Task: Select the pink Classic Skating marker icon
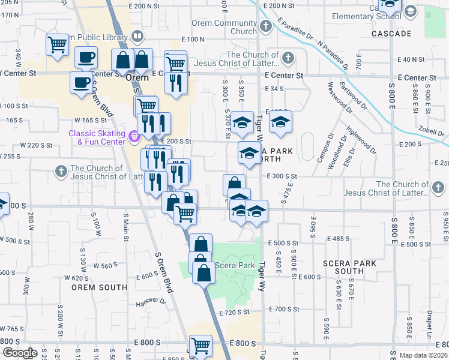pos(135,137)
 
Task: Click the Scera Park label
pos(235,265)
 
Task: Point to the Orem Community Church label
pos(224,28)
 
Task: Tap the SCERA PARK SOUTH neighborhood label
pos(349,267)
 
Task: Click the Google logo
pos(20,353)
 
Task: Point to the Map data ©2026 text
pos(423,355)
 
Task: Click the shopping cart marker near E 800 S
pos(200,346)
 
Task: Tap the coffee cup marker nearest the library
pos(86,58)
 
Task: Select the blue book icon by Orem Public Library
pos(137,37)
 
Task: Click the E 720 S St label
pos(234,312)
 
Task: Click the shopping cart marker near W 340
pos(57,43)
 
